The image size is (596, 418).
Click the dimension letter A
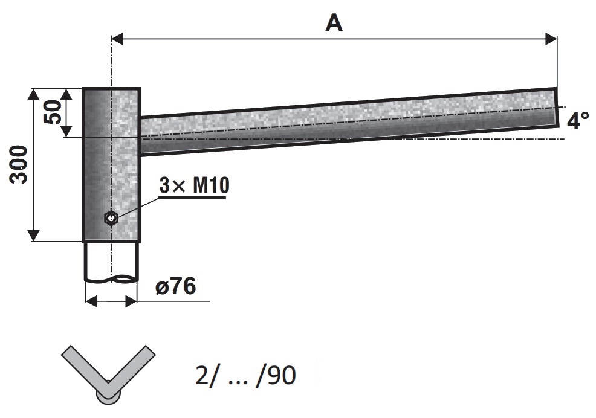pyautogui.click(x=334, y=23)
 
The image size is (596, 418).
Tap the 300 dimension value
pyautogui.click(x=19, y=164)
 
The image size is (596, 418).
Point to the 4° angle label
pyautogui.click(x=578, y=120)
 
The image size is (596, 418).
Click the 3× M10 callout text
pyautogui.click(x=194, y=185)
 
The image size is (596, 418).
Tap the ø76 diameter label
pyautogui.click(x=176, y=286)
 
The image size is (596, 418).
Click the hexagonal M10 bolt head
pyautogui.click(x=111, y=217)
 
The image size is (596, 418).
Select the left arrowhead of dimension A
pyautogui.click(x=117, y=39)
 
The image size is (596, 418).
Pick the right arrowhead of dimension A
pyautogui.click(x=551, y=39)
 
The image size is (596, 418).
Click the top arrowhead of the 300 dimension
pyautogui.click(x=34, y=94)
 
